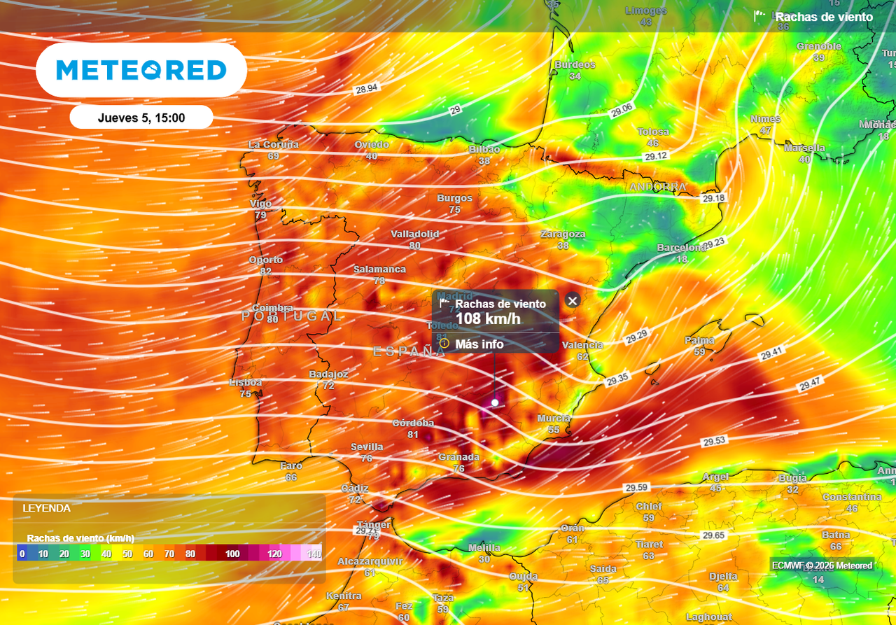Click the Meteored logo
coord(141,70)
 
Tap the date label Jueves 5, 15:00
coord(141,118)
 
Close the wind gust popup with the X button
coord(573,301)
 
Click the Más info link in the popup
coord(479,344)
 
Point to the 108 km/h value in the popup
coord(488,319)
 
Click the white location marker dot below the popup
coord(495,402)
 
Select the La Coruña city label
coord(273,145)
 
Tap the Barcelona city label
coord(681,248)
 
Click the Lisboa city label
coord(246,383)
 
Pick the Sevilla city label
coord(367,447)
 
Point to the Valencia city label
coord(582,345)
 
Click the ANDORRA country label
coord(657,187)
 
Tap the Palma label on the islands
coord(699,341)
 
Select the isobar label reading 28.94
coord(366,89)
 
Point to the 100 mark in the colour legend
coord(232,554)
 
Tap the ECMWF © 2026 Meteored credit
coord(822,565)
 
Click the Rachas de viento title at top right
coord(824,17)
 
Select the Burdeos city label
coord(575,65)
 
